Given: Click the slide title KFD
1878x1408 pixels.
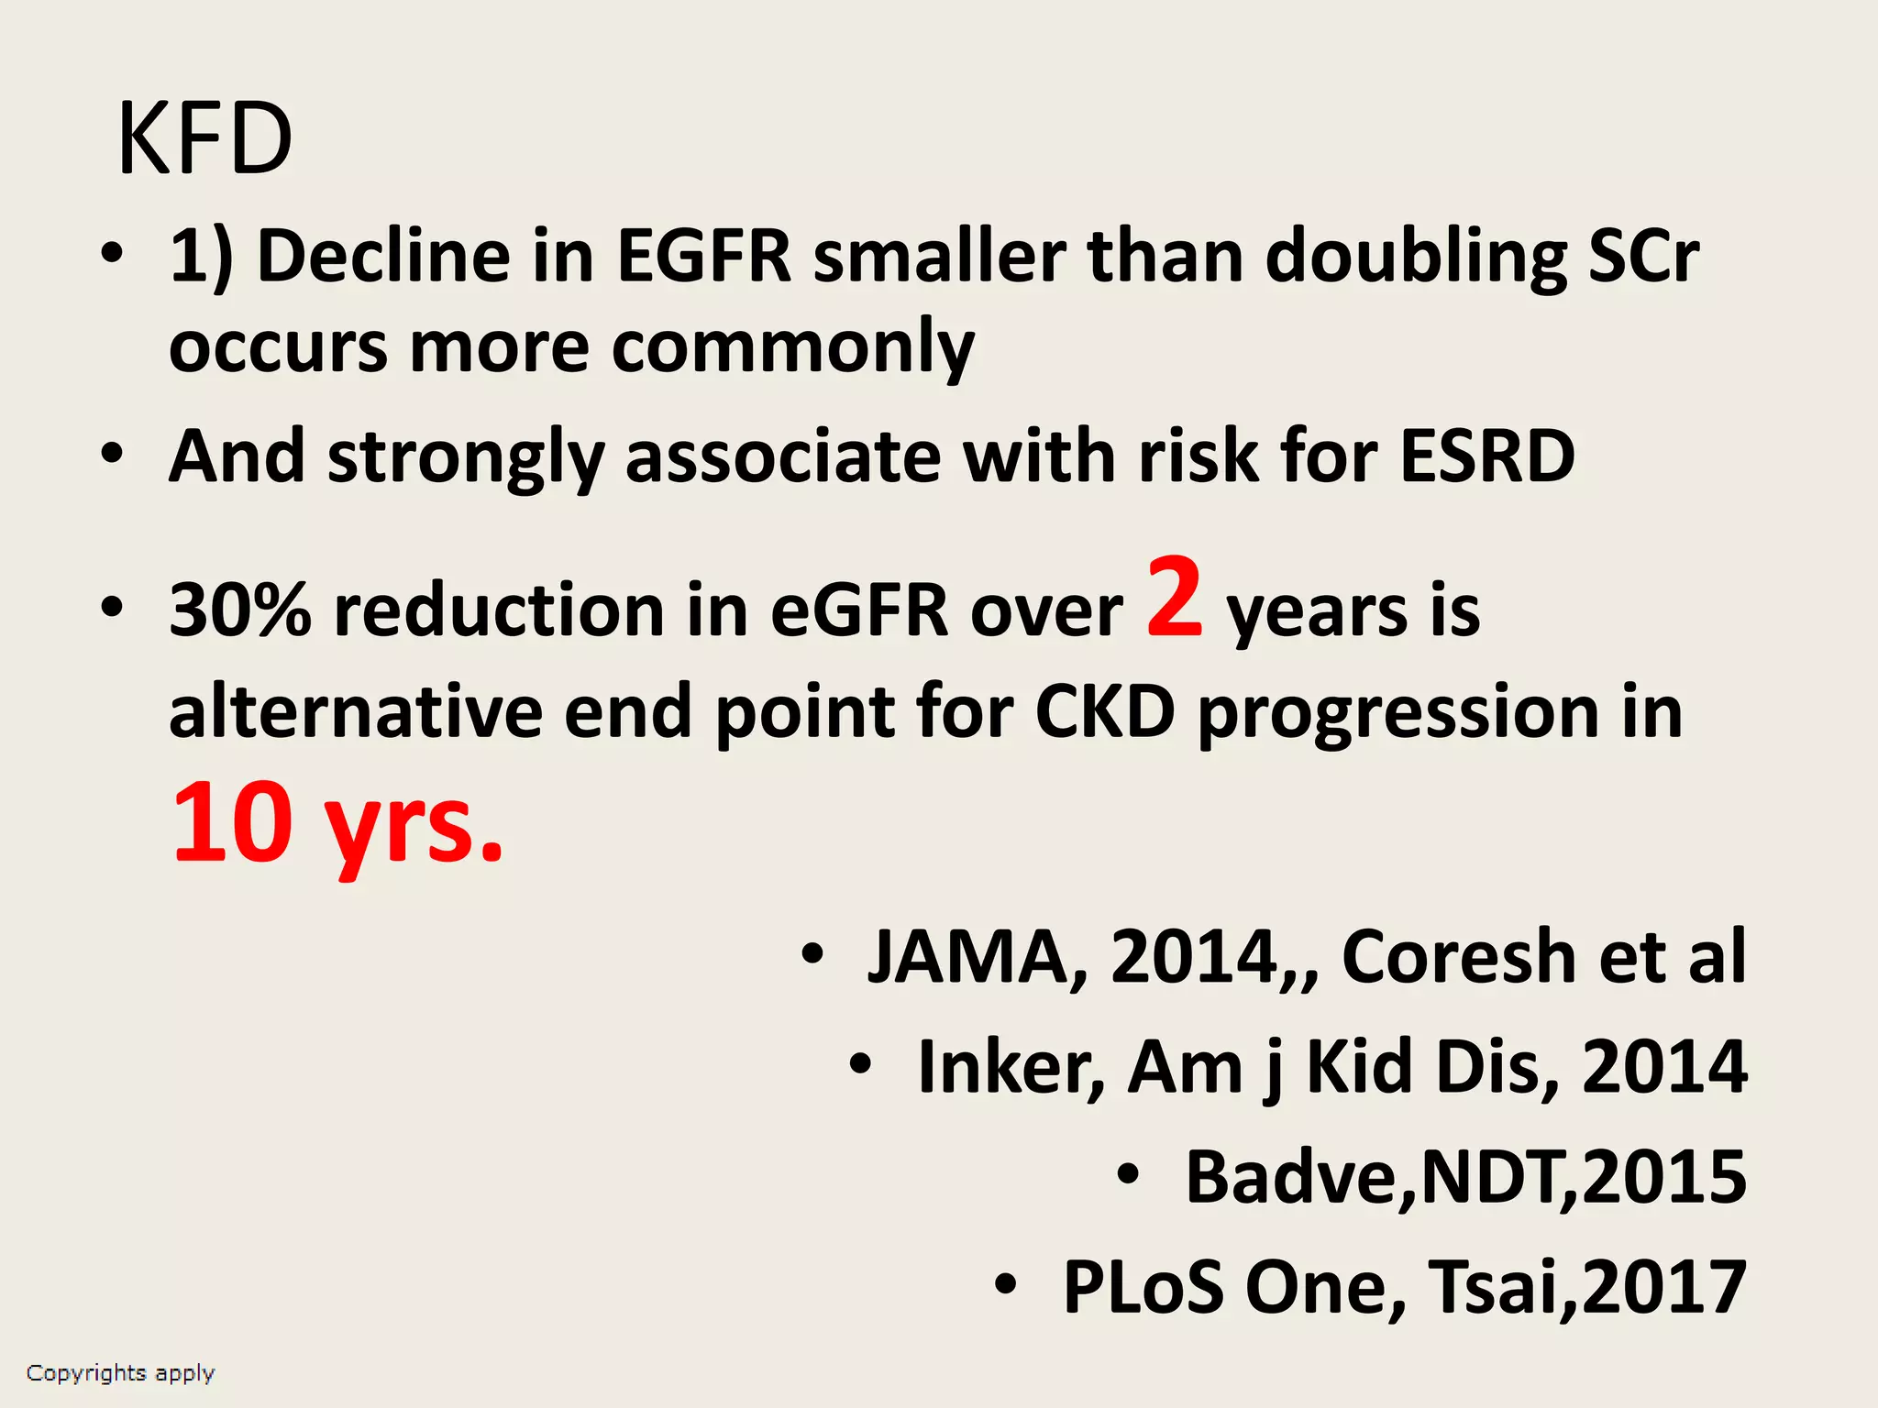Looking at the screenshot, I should pyautogui.click(x=204, y=140).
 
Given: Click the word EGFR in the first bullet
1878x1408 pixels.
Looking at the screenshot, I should pyautogui.click(x=703, y=256).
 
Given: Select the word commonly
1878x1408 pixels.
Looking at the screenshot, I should pyautogui.click(x=792, y=349).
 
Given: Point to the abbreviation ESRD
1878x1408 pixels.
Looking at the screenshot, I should pyautogui.click(x=1487, y=456).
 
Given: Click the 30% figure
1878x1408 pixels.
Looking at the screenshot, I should pyautogui.click(x=240, y=610).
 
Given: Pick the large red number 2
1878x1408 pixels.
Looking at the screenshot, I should pyautogui.click(x=1174, y=598).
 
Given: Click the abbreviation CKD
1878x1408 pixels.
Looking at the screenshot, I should pyautogui.click(x=1105, y=711).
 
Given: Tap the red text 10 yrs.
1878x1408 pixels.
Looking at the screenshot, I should pyautogui.click(x=337, y=822).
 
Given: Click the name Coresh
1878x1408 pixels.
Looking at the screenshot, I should pyautogui.click(x=1459, y=957).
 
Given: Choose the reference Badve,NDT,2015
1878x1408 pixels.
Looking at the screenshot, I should pyautogui.click(x=1465, y=1177).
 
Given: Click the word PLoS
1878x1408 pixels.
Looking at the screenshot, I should pyautogui.click(x=1143, y=1287).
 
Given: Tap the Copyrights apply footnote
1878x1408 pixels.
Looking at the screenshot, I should pyautogui.click(x=120, y=1373).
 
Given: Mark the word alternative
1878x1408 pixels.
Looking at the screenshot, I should pyautogui.click(x=356, y=711).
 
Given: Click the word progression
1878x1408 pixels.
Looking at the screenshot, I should pyautogui.click(x=1398, y=713).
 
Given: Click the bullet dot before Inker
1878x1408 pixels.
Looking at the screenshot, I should pyautogui.click(x=859, y=1065).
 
